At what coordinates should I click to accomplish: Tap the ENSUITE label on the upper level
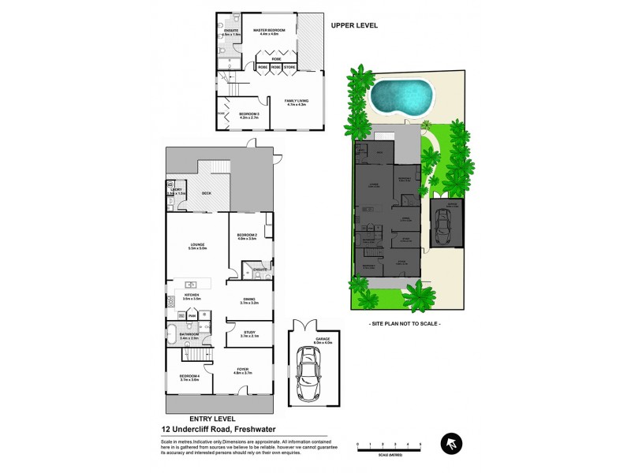(230, 31)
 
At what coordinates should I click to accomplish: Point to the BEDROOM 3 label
(249, 114)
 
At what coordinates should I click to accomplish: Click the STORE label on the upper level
(289, 68)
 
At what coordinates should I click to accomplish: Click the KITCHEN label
(192, 296)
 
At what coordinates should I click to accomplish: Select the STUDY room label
(248, 332)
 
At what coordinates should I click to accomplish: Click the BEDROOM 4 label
(189, 376)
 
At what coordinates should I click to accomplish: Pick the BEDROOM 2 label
(247, 235)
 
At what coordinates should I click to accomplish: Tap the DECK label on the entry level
(207, 193)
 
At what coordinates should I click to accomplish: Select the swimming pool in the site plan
(401, 98)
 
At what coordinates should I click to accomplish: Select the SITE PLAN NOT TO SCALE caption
(405, 324)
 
